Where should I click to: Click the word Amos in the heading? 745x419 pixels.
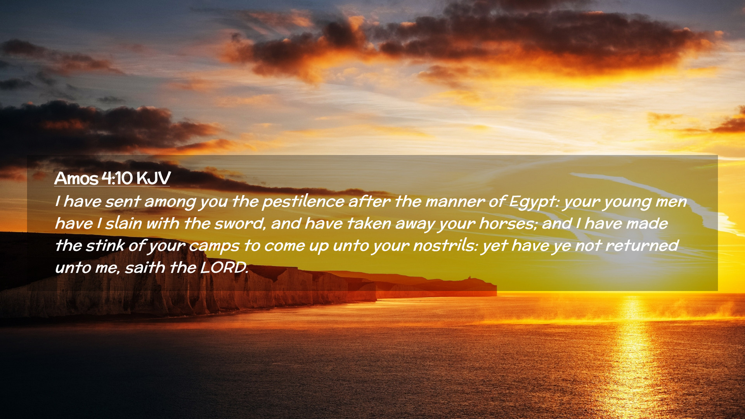[x=76, y=178]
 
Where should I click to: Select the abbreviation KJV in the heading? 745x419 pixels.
[x=153, y=178]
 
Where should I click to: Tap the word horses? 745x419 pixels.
[x=508, y=224]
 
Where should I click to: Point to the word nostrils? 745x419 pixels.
[x=445, y=246]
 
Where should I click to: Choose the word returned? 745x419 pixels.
[x=642, y=246]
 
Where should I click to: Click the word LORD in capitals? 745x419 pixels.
[x=224, y=268]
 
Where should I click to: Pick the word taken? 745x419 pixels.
[x=369, y=224]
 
